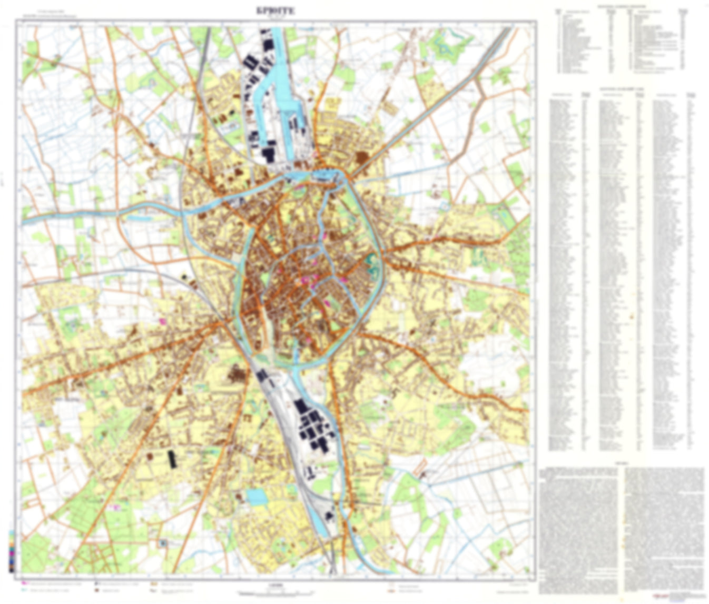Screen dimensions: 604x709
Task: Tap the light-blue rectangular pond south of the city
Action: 257,497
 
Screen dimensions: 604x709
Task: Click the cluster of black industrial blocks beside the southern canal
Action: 313,427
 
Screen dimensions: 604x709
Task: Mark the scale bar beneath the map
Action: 278,593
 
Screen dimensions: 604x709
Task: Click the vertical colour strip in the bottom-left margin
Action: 11,551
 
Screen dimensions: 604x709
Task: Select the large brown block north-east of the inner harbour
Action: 362,157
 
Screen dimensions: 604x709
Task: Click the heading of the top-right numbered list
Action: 622,6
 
